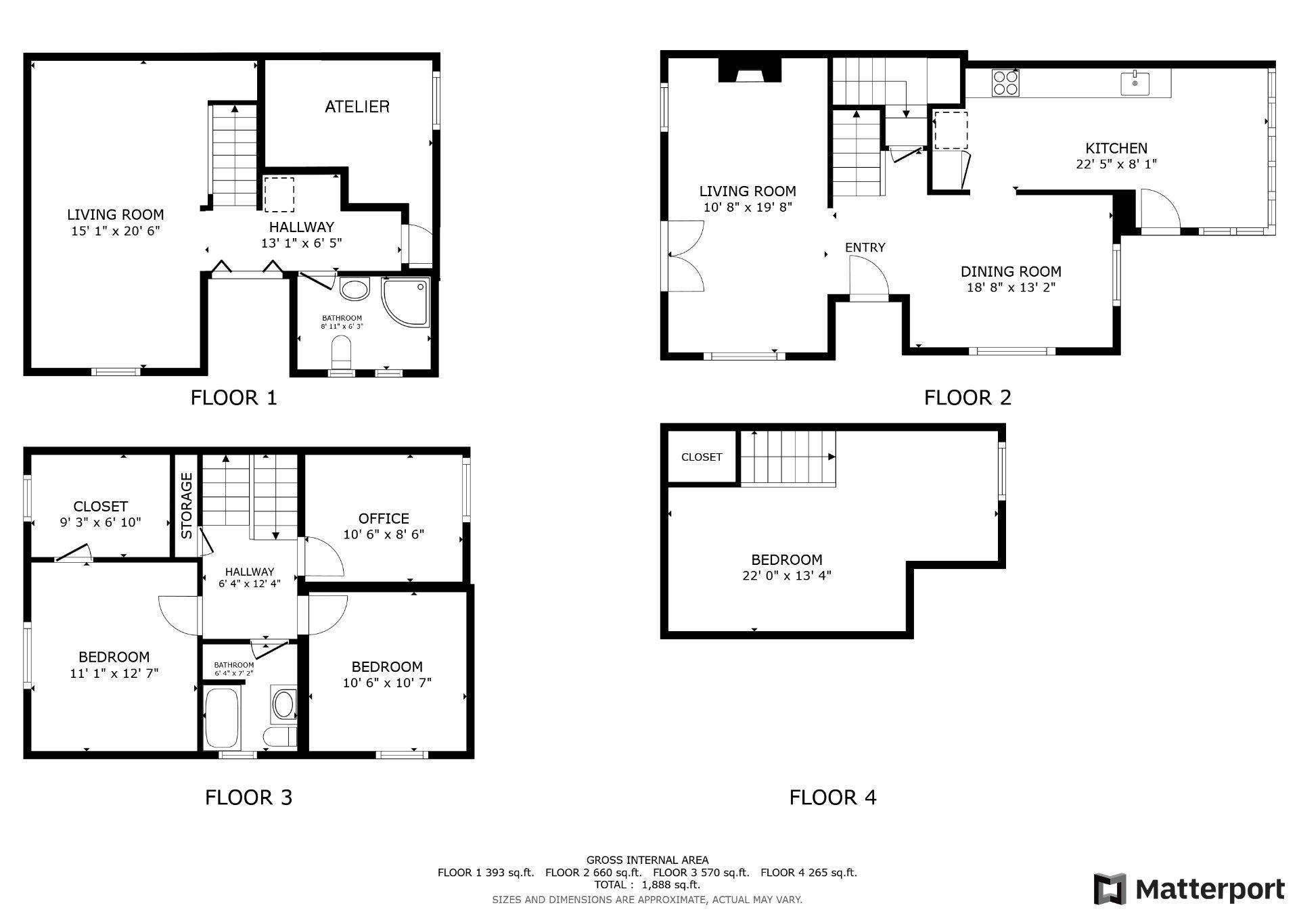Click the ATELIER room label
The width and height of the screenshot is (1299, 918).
[357, 107]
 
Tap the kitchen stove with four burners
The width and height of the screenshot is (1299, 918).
[1005, 83]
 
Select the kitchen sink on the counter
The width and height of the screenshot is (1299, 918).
[1135, 84]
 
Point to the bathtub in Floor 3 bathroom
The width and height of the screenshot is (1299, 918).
[221, 719]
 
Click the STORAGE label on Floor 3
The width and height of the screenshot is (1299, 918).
[187, 505]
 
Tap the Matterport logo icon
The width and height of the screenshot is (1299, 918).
[1110, 889]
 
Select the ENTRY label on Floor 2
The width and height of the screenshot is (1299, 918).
[865, 248]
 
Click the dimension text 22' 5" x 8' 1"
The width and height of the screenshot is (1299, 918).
[1116, 164]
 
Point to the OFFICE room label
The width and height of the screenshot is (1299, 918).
[384, 518]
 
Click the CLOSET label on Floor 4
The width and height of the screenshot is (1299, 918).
[701, 457]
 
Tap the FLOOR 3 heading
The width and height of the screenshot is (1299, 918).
[248, 798]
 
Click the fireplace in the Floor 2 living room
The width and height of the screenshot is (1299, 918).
[749, 70]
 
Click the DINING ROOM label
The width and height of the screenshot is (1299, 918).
[1011, 271]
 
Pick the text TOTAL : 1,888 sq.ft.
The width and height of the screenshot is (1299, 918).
[647, 885]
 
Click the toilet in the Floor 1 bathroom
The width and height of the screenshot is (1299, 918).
[342, 351]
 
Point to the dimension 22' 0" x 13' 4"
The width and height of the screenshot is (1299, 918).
[786, 576]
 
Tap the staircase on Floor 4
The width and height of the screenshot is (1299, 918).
[788, 458]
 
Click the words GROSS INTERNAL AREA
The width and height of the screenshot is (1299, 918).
[647, 860]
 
